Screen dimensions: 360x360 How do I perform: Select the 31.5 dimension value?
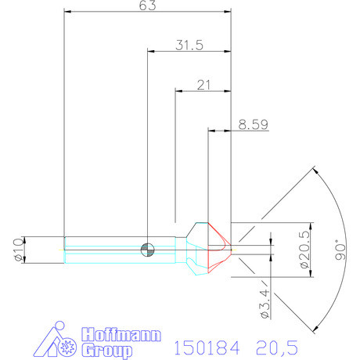coord(189,45)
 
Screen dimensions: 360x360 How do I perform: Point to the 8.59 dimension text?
coord(253,123)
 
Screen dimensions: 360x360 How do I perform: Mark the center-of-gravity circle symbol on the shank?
coord(146,249)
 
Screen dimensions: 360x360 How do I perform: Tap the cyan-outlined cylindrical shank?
coord(117,249)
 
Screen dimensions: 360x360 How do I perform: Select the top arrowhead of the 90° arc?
coord(315,171)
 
